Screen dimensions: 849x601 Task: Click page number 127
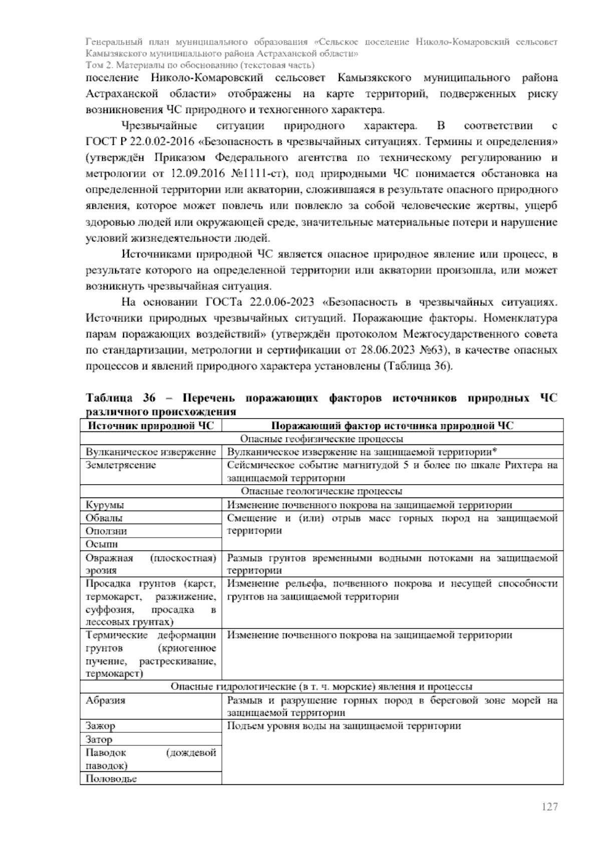[549, 807]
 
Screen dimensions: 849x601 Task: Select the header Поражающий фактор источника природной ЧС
[392, 426]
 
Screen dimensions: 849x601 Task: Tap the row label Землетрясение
[121, 465]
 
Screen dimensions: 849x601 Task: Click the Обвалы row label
[104, 518]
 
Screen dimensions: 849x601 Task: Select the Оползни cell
[106, 531]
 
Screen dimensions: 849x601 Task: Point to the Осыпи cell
[102, 544]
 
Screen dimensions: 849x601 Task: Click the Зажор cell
[100, 726]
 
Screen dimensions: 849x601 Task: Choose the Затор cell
[99, 739]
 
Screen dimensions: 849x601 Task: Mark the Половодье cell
[111, 778]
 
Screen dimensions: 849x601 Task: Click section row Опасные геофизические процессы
[322, 439]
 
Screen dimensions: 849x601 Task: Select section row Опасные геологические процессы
[322, 492]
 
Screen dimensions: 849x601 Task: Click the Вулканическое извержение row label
[151, 452]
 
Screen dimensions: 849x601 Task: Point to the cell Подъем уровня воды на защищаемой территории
[344, 726]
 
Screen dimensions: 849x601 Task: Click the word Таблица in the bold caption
[109, 398]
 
